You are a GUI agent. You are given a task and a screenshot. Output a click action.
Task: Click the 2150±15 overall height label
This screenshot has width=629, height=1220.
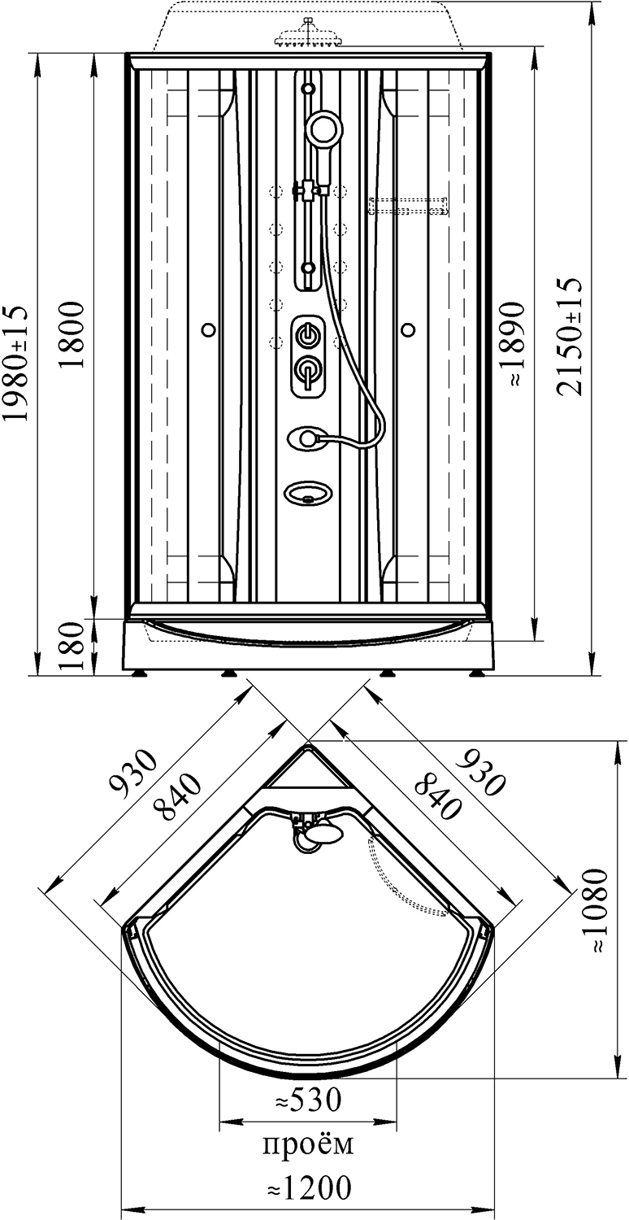point(570,337)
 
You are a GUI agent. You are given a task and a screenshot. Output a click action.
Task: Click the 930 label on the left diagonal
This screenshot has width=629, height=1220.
point(133,774)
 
